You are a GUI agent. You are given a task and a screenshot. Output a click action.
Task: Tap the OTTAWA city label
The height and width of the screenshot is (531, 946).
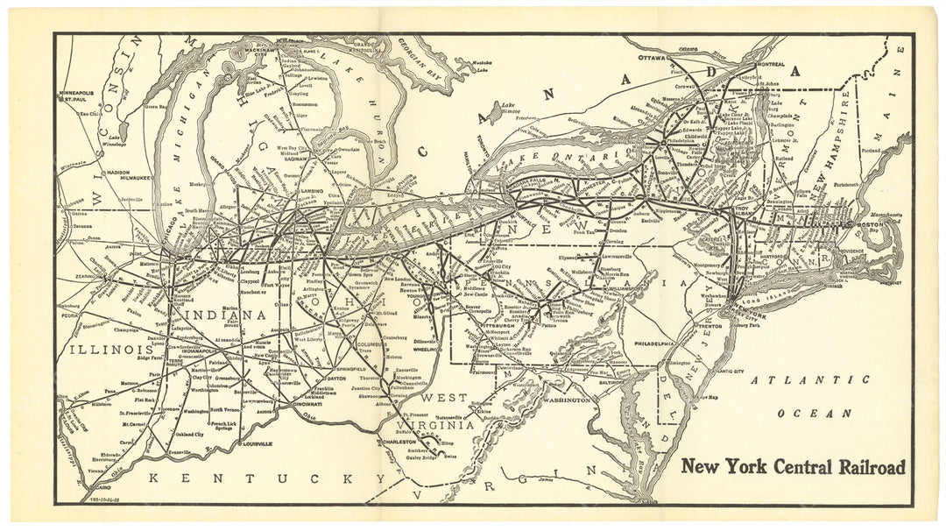[x=653, y=58]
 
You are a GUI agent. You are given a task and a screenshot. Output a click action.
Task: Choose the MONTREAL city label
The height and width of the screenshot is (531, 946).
[x=745, y=65]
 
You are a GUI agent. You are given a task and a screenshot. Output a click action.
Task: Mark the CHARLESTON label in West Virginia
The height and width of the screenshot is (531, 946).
[x=399, y=442]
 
